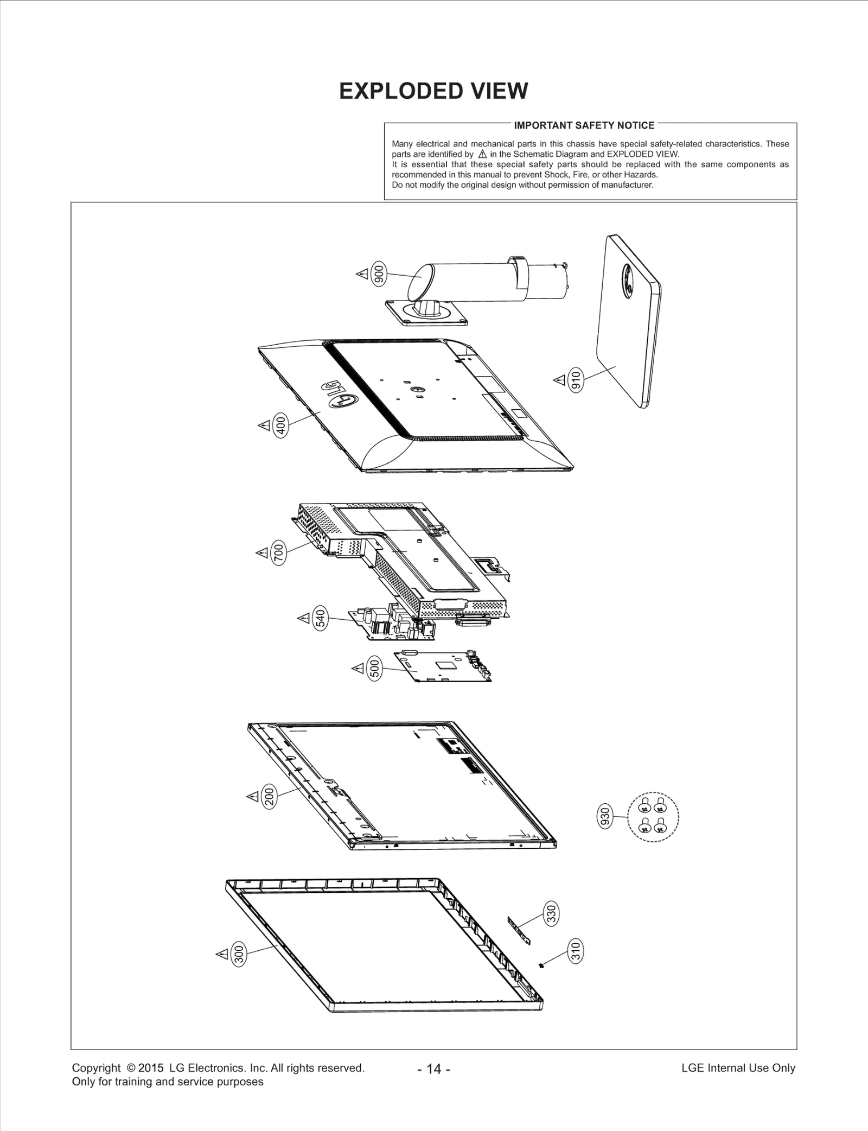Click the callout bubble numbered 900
(x=379, y=274)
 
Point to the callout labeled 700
(x=278, y=553)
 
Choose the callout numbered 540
(x=321, y=618)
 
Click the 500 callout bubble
(x=374, y=668)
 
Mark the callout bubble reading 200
(x=270, y=797)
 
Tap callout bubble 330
(x=551, y=914)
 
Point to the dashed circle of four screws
(x=653, y=816)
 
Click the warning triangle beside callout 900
(x=361, y=274)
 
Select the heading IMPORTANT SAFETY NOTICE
(x=584, y=125)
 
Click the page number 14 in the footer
(x=434, y=1069)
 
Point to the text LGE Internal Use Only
(x=738, y=1068)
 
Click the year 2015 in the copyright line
(x=151, y=1068)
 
